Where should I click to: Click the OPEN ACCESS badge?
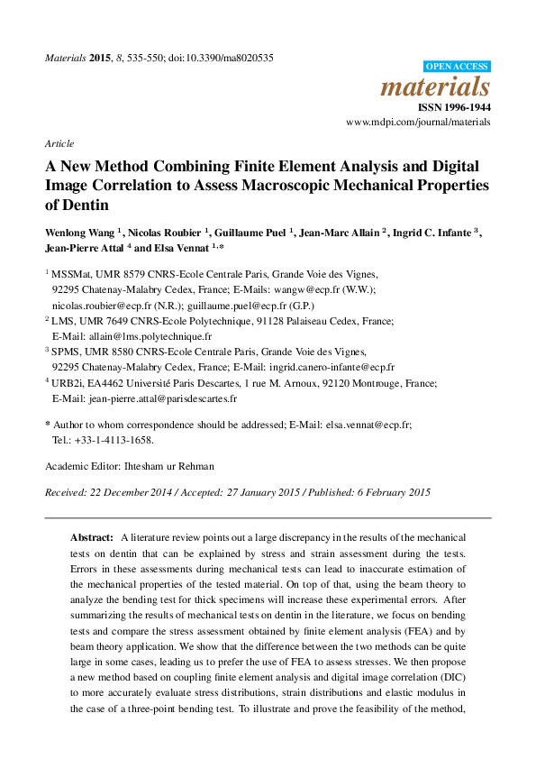[457, 67]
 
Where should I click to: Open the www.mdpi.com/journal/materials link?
[418, 121]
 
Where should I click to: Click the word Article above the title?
[59, 143]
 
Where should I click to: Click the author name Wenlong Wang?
[81, 233]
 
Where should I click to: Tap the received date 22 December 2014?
[128, 492]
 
